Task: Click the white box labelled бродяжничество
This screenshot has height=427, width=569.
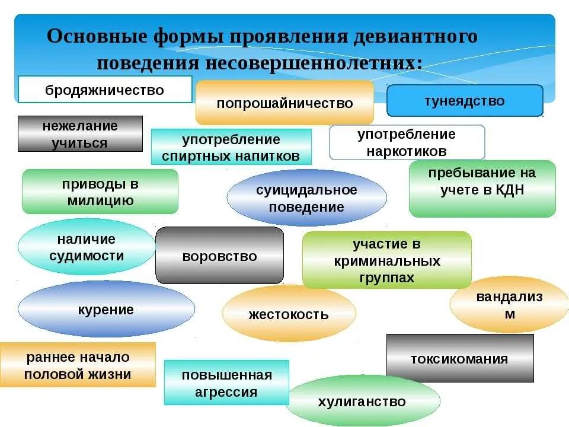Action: [x=105, y=90]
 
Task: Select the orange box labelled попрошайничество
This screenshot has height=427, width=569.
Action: [x=284, y=103]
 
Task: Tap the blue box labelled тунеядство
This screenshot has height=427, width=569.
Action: [x=465, y=100]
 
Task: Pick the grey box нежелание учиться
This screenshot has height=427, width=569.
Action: [x=80, y=134]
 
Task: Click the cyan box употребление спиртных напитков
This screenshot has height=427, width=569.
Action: [x=231, y=147]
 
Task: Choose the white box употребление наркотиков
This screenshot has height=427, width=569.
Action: [x=407, y=142]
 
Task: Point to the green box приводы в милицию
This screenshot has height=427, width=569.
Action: [x=100, y=192]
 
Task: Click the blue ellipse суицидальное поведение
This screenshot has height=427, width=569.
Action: [x=306, y=198]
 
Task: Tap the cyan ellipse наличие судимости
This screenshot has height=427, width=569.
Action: [x=87, y=247]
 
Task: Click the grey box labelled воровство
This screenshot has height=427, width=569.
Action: [x=219, y=256]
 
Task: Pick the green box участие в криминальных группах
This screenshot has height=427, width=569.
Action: [x=386, y=260]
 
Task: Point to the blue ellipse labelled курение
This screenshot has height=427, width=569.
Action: [x=106, y=309]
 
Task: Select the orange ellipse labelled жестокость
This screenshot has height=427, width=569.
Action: [x=289, y=314]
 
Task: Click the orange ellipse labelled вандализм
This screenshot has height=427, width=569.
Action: [x=509, y=305]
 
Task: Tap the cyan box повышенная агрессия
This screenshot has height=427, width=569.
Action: [x=226, y=383]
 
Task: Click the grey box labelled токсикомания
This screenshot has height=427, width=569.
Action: [x=459, y=358]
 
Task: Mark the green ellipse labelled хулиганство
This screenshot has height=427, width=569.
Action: [x=362, y=401]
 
